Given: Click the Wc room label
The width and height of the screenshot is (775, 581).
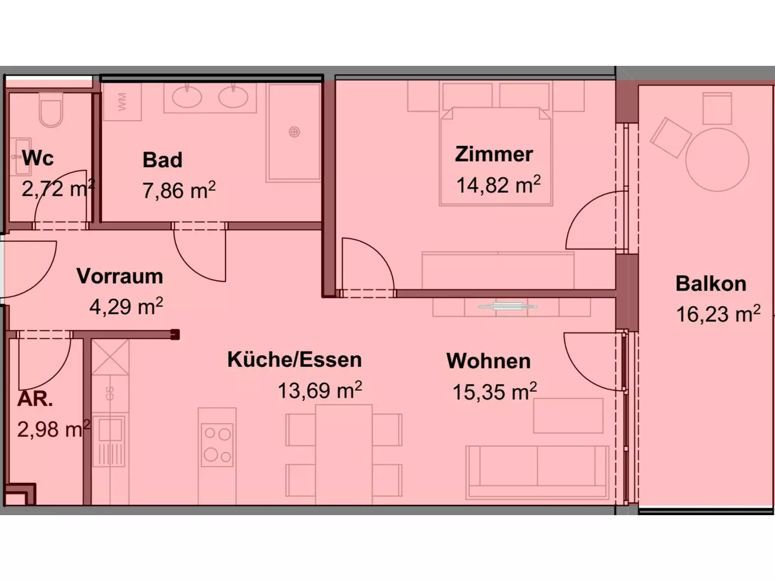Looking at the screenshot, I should click(38, 158).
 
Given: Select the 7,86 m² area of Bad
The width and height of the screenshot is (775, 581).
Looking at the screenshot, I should click(178, 190).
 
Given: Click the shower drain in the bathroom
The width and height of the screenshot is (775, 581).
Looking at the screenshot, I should click(294, 132).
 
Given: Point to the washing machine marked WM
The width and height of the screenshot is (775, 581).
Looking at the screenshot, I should click(122, 101).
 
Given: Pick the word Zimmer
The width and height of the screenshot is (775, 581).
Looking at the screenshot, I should click(494, 155).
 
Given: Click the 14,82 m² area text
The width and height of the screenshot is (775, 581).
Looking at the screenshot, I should click(498, 185).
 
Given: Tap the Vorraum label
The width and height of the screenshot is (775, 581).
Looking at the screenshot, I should click(119, 276).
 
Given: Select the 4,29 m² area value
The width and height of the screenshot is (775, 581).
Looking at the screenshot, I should click(125, 305).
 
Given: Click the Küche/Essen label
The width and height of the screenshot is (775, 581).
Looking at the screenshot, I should click(294, 360).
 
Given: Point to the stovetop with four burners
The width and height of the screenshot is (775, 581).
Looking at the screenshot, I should click(217, 444).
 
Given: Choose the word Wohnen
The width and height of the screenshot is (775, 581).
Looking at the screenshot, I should click(488, 361).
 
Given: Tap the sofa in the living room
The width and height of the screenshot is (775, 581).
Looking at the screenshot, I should click(537, 472).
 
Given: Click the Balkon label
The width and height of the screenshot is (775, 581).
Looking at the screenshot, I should click(710, 283).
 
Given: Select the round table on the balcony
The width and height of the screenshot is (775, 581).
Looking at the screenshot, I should click(718, 158).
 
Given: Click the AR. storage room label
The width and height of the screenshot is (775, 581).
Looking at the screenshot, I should click(35, 399).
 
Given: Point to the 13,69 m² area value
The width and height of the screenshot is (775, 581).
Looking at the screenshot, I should click(319, 391).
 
